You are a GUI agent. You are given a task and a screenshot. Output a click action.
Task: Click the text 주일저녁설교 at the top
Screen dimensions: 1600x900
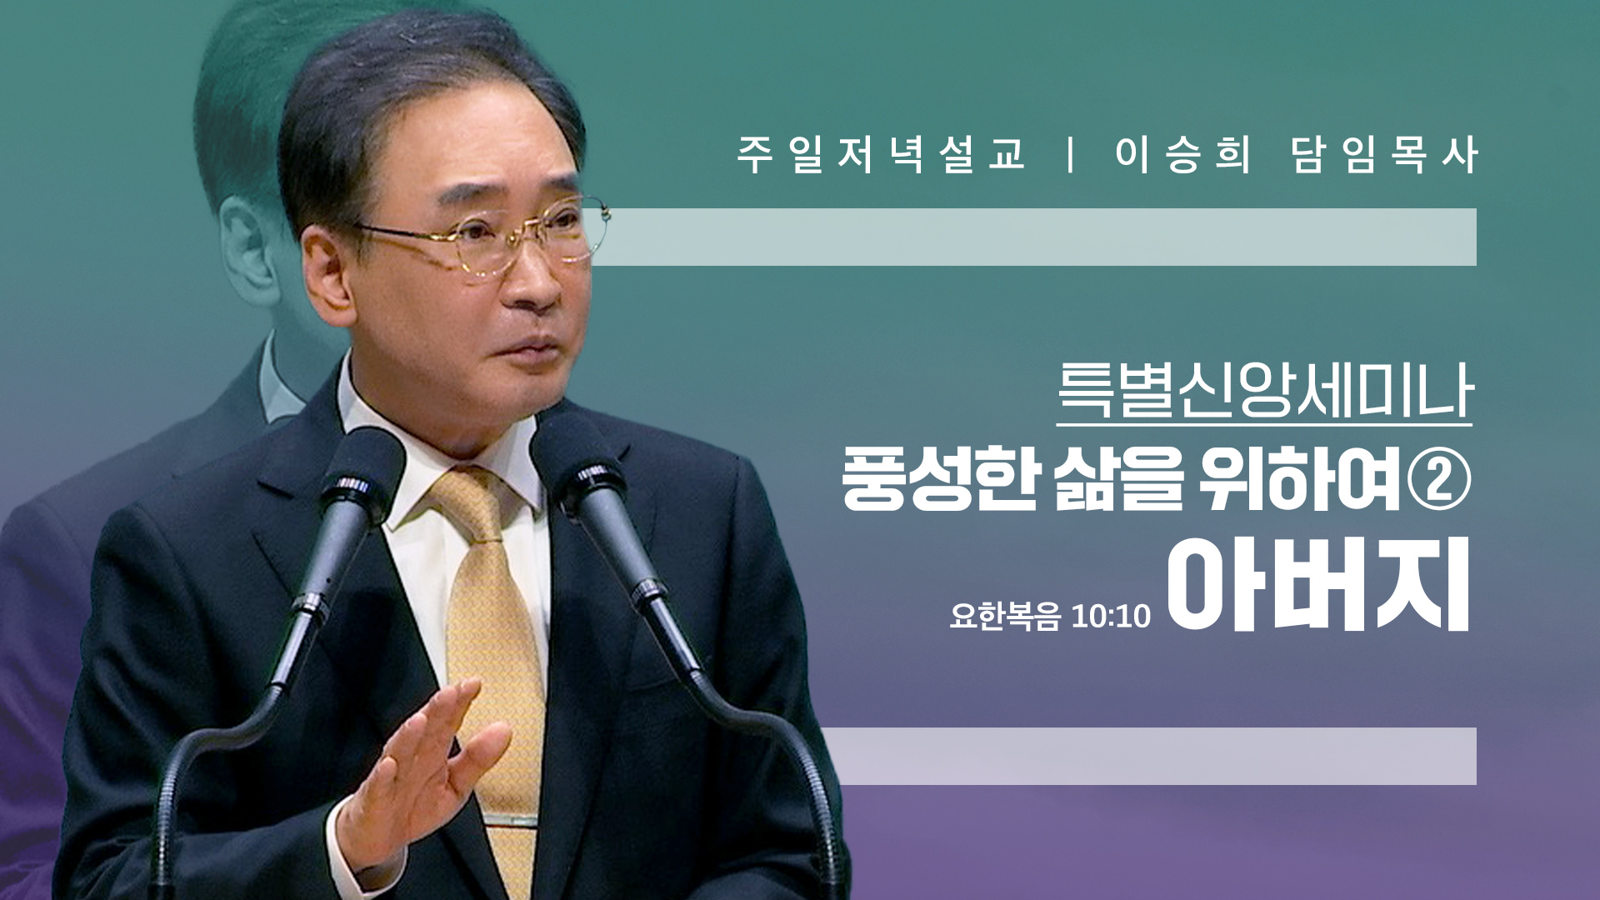click(x=881, y=154)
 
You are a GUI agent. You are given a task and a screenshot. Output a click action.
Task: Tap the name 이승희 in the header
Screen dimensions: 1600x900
click(x=1184, y=154)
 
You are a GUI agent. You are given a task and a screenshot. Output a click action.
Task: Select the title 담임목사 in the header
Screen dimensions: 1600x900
click(x=1384, y=154)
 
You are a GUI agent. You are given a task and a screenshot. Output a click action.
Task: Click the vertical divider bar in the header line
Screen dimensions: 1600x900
click(x=1071, y=154)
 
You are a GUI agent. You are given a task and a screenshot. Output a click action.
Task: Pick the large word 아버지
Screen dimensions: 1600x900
click(x=1317, y=585)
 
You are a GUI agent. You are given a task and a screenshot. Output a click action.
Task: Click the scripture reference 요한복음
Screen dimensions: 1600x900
click(x=1005, y=617)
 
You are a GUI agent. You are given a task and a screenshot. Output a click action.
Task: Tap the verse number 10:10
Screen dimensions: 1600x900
click(x=1111, y=617)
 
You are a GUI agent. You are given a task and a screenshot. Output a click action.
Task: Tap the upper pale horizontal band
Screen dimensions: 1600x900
click(x=1033, y=237)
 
